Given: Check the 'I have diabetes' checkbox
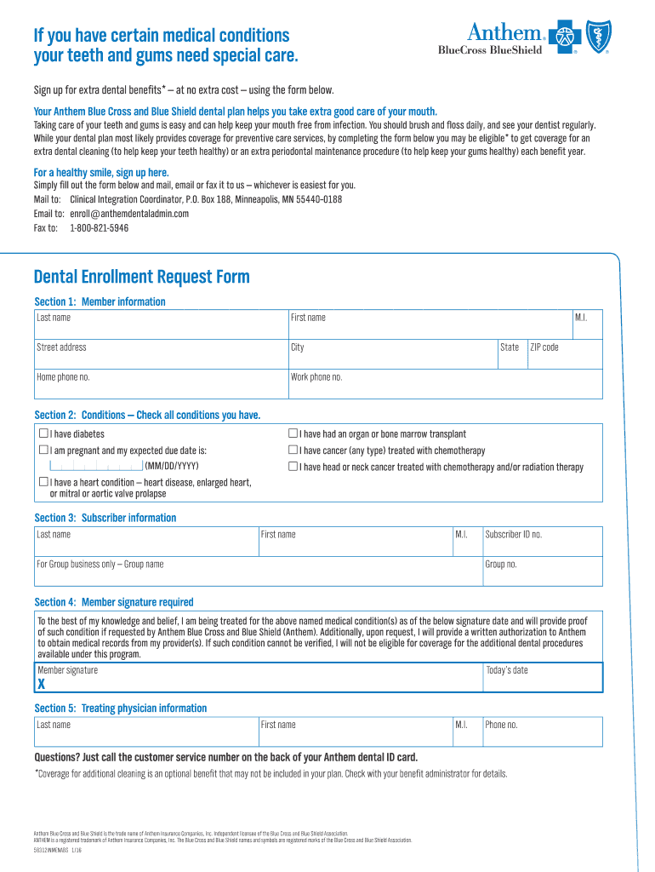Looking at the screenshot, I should point(43,434).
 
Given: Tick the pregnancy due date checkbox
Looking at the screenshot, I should point(43,450).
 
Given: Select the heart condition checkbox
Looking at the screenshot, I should point(43,482).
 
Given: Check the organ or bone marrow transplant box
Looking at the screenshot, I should point(293,434).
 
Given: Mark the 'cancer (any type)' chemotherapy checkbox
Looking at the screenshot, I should point(293,450).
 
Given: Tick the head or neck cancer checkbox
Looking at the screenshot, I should point(293,467).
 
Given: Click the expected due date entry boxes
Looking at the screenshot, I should point(96,466).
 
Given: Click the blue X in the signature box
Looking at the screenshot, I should point(41,685).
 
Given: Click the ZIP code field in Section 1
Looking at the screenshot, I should point(564,353).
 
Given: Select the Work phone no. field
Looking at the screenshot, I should point(445,384).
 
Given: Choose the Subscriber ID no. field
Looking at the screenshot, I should point(542,541).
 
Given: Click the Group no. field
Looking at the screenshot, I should point(542,571).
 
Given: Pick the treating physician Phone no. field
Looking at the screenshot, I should point(542,731).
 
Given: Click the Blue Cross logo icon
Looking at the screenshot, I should point(565,38).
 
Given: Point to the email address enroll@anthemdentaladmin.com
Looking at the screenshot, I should point(129,214).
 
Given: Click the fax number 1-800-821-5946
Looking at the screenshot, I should point(100,228).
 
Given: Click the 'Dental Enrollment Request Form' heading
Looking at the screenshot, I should point(142,277).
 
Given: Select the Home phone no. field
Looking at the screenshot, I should point(162,384).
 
